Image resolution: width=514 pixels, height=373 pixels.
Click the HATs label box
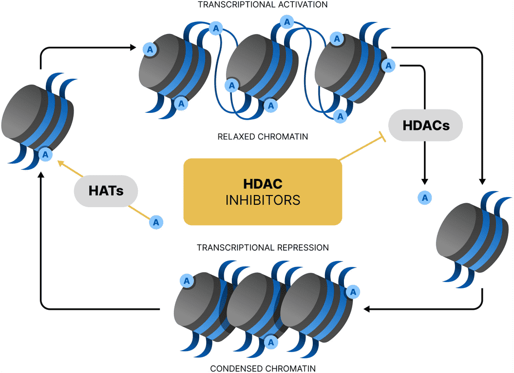pos(106,190)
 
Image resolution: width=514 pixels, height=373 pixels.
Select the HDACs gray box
pos(425,125)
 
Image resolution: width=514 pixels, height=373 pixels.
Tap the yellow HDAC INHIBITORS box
pos(263,192)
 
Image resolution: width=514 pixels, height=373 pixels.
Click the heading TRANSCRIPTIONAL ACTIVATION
pos(263,4)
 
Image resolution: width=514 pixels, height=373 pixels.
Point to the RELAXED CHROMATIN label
pos(263,137)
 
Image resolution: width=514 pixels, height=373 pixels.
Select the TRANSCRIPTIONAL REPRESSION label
pos(263,248)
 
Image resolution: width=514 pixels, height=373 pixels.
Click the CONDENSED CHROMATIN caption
pos(263,368)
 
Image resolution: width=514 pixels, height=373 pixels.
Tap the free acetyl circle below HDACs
pos(425,197)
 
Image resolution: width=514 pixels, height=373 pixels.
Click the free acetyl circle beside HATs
pos(156,222)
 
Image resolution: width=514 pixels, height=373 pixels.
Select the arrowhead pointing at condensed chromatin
pos(367,309)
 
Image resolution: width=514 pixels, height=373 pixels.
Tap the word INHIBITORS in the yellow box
pos(263,200)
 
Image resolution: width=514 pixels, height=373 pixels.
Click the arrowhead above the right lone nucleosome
pos(482,180)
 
